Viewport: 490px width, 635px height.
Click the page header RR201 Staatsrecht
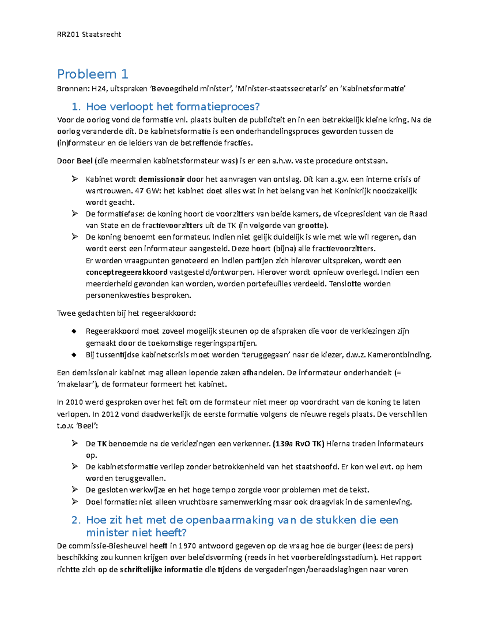89,34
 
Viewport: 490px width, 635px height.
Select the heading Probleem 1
93,74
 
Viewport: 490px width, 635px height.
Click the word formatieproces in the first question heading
218,107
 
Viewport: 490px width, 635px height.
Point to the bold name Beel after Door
85,161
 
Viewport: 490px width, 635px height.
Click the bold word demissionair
162,179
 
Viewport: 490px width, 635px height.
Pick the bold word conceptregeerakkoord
127,272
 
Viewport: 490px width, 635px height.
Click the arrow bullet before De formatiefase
74,213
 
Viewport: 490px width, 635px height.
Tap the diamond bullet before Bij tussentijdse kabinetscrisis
74,355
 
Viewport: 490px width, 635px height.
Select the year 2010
74,402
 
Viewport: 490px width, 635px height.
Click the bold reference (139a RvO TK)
298,444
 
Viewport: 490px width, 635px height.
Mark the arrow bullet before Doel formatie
74,502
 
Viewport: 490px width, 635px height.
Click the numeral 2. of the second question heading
76,520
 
